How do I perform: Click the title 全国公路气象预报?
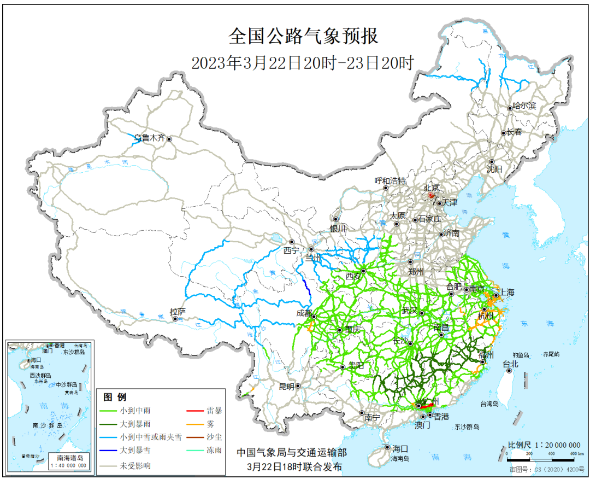(x=303, y=37)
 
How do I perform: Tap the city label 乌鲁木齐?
(x=150, y=138)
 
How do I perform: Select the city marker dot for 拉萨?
(x=175, y=319)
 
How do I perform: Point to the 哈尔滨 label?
(x=525, y=107)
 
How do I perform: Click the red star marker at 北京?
(x=431, y=195)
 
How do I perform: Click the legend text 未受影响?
(x=136, y=466)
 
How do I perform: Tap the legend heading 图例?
(x=115, y=397)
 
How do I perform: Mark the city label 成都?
(x=303, y=314)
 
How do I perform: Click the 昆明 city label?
(x=286, y=386)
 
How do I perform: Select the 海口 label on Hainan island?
(x=400, y=448)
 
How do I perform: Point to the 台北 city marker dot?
(x=509, y=370)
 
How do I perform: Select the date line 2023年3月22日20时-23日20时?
(x=302, y=63)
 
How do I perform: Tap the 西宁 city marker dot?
(x=292, y=242)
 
